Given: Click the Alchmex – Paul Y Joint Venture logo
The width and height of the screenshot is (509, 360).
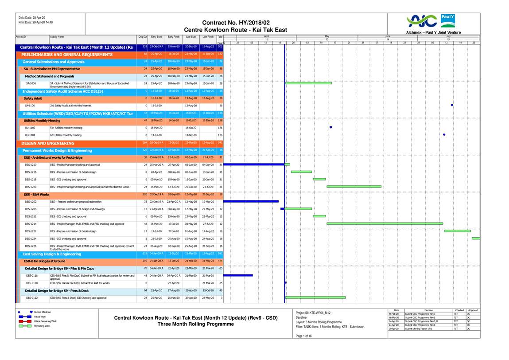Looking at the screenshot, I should pos(433,23).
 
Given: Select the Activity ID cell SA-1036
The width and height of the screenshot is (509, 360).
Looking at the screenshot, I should pos(31,83).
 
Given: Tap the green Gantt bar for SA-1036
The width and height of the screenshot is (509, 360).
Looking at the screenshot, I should pos(308,83).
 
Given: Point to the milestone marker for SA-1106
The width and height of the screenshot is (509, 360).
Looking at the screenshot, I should pos(451,105).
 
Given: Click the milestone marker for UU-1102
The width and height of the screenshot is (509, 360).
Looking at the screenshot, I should pos(330,128).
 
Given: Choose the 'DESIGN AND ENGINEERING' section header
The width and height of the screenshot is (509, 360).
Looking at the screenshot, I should pos(48,143).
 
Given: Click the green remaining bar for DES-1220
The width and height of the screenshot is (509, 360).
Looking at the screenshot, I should pos(354,187).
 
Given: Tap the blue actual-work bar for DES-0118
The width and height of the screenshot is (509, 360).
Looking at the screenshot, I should pos(241,275).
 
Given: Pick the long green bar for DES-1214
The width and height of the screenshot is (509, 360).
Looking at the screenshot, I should pos(385,223).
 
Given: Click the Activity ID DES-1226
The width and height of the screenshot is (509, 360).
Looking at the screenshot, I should pos(31,246).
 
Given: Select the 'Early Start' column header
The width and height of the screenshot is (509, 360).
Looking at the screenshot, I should pos(156,37).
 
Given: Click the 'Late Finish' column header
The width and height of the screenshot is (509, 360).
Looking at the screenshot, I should pos(208,37).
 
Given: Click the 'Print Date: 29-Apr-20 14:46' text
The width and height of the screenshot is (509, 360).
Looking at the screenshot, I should pos(35,22).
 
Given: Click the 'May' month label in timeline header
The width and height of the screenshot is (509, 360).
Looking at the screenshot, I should pos(326,36).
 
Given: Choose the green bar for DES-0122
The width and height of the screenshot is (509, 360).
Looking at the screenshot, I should pos(315,297).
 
